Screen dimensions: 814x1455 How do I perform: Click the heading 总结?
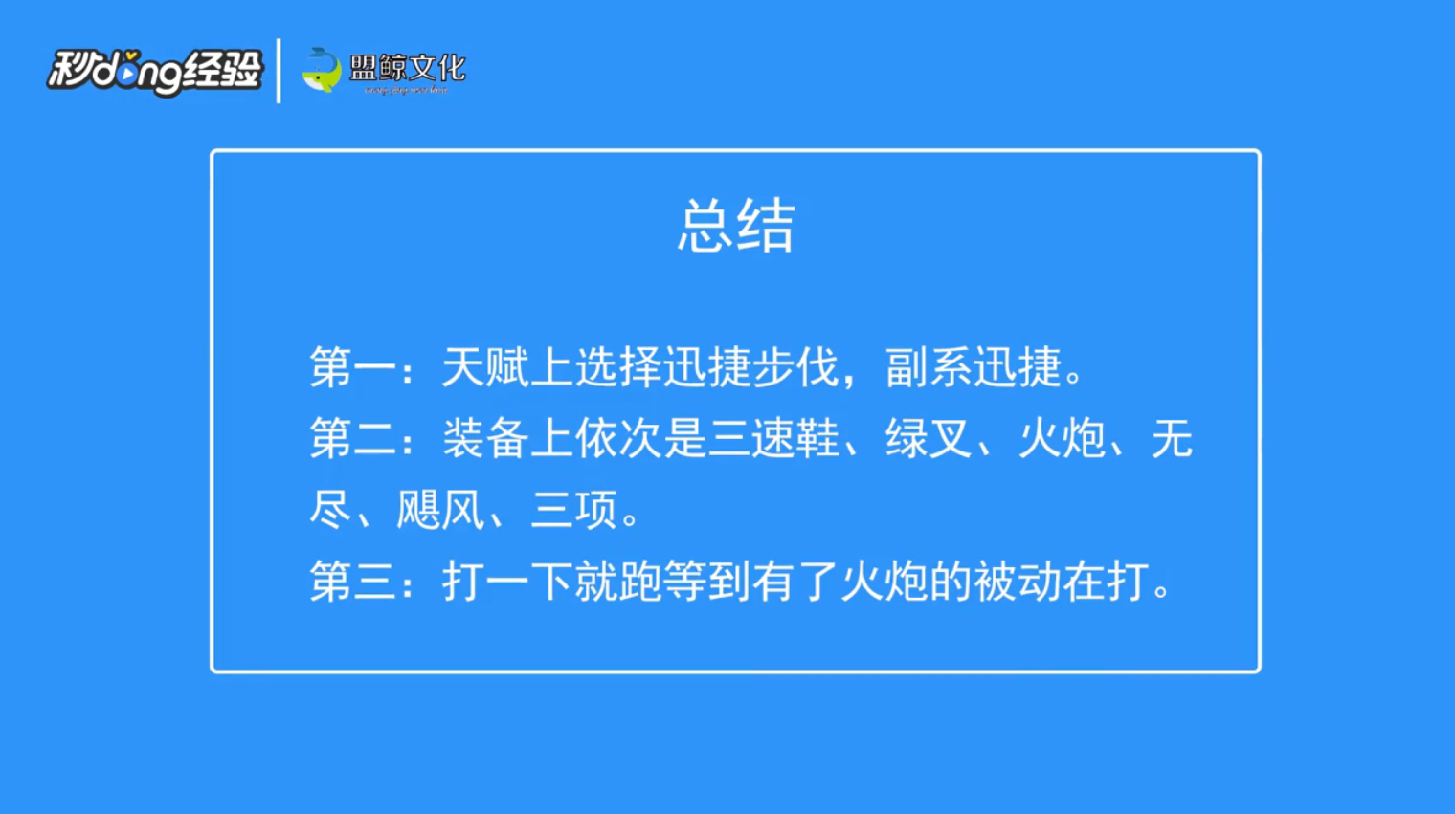point(736,227)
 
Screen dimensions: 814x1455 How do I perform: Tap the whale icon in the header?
point(322,70)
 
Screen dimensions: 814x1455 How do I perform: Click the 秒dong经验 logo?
point(154,71)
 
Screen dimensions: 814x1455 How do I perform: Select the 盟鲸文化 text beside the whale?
point(407,68)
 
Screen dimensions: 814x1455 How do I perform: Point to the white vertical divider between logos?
point(279,71)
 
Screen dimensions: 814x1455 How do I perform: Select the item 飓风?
point(440,511)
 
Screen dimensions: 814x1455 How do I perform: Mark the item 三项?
point(574,511)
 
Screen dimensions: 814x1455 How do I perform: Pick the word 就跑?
point(617,582)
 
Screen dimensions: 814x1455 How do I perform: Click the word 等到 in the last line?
point(706,582)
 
